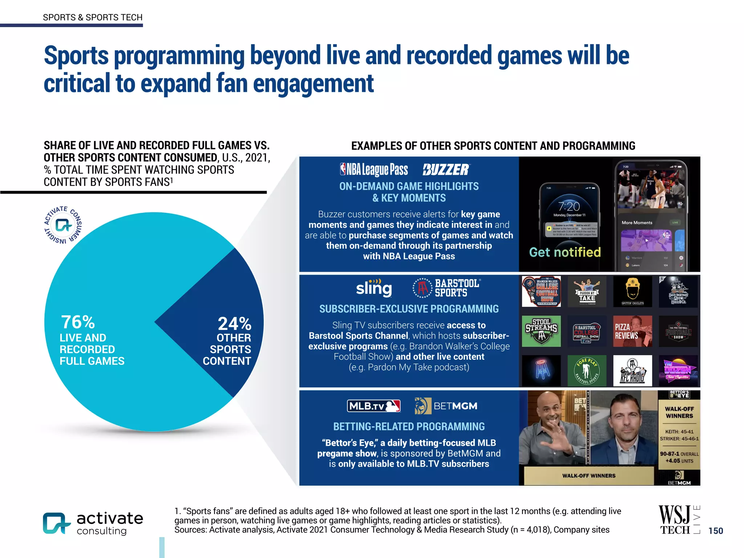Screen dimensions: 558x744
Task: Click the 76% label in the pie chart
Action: click(78, 322)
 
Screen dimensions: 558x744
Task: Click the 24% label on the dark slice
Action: click(234, 323)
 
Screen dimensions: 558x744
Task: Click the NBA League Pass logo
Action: click(374, 169)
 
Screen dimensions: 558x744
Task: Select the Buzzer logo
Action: click(446, 170)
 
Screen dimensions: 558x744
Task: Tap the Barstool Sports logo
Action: click(447, 288)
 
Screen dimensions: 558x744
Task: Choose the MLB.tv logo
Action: click(374, 406)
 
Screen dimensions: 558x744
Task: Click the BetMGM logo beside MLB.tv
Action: click(446, 406)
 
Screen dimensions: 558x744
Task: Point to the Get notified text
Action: click(565, 252)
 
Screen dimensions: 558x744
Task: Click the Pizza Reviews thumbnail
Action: click(632, 331)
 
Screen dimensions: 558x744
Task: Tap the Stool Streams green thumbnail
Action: click(541, 331)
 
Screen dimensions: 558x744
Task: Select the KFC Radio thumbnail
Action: click(632, 371)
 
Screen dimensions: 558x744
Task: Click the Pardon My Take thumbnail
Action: click(587, 292)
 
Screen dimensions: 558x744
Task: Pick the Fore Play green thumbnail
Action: click(587, 371)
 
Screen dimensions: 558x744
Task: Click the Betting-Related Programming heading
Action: click(409, 426)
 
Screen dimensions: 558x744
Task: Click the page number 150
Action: click(716, 531)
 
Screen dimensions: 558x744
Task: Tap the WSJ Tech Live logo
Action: click(679, 520)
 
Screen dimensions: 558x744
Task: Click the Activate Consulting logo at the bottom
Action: click(93, 523)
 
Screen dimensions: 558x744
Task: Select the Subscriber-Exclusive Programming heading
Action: click(409, 309)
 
